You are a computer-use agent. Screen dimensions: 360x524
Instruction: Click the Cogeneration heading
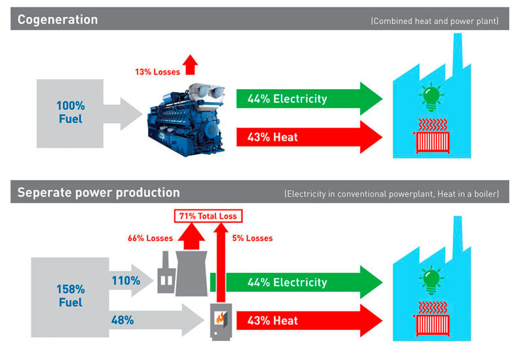click(58, 20)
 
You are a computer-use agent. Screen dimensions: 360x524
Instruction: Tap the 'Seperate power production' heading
click(98, 192)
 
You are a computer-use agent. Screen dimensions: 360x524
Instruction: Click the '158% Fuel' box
click(70, 295)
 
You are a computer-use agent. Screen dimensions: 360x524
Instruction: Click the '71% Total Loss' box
click(208, 215)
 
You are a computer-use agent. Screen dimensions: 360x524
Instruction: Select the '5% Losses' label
click(252, 238)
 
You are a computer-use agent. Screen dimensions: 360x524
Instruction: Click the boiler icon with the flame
click(221, 320)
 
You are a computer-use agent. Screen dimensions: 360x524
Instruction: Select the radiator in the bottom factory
click(430, 323)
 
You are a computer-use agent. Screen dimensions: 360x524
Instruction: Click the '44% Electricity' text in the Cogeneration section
click(287, 99)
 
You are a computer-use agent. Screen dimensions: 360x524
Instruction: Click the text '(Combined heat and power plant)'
click(434, 21)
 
